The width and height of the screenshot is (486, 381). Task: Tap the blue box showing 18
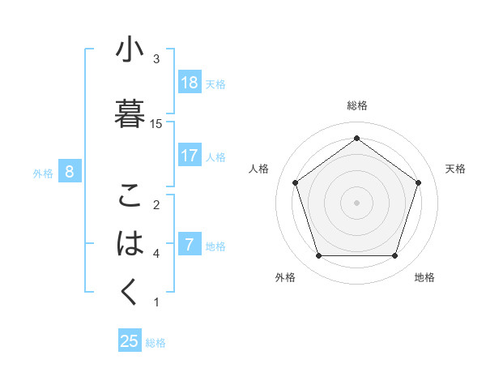[x=190, y=83]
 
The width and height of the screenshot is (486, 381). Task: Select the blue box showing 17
[x=190, y=156]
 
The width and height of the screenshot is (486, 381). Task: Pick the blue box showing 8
[x=70, y=172]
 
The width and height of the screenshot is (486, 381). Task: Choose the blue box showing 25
[x=130, y=341]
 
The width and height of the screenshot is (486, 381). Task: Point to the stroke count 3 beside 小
[x=156, y=58]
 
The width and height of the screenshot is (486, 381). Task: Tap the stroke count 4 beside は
[x=156, y=254]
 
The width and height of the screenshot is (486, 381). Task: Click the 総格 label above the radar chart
[x=356, y=105]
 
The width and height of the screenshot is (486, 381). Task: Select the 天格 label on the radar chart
[x=455, y=169]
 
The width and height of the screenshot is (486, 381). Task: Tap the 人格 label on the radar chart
[x=259, y=169]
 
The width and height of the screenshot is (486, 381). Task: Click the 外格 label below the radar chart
[x=285, y=277]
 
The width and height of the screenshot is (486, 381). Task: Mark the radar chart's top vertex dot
[x=356, y=139]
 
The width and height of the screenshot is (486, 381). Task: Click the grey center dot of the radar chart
[x=356, y=202]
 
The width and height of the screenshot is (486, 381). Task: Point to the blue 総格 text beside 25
[x=156, y=343]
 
